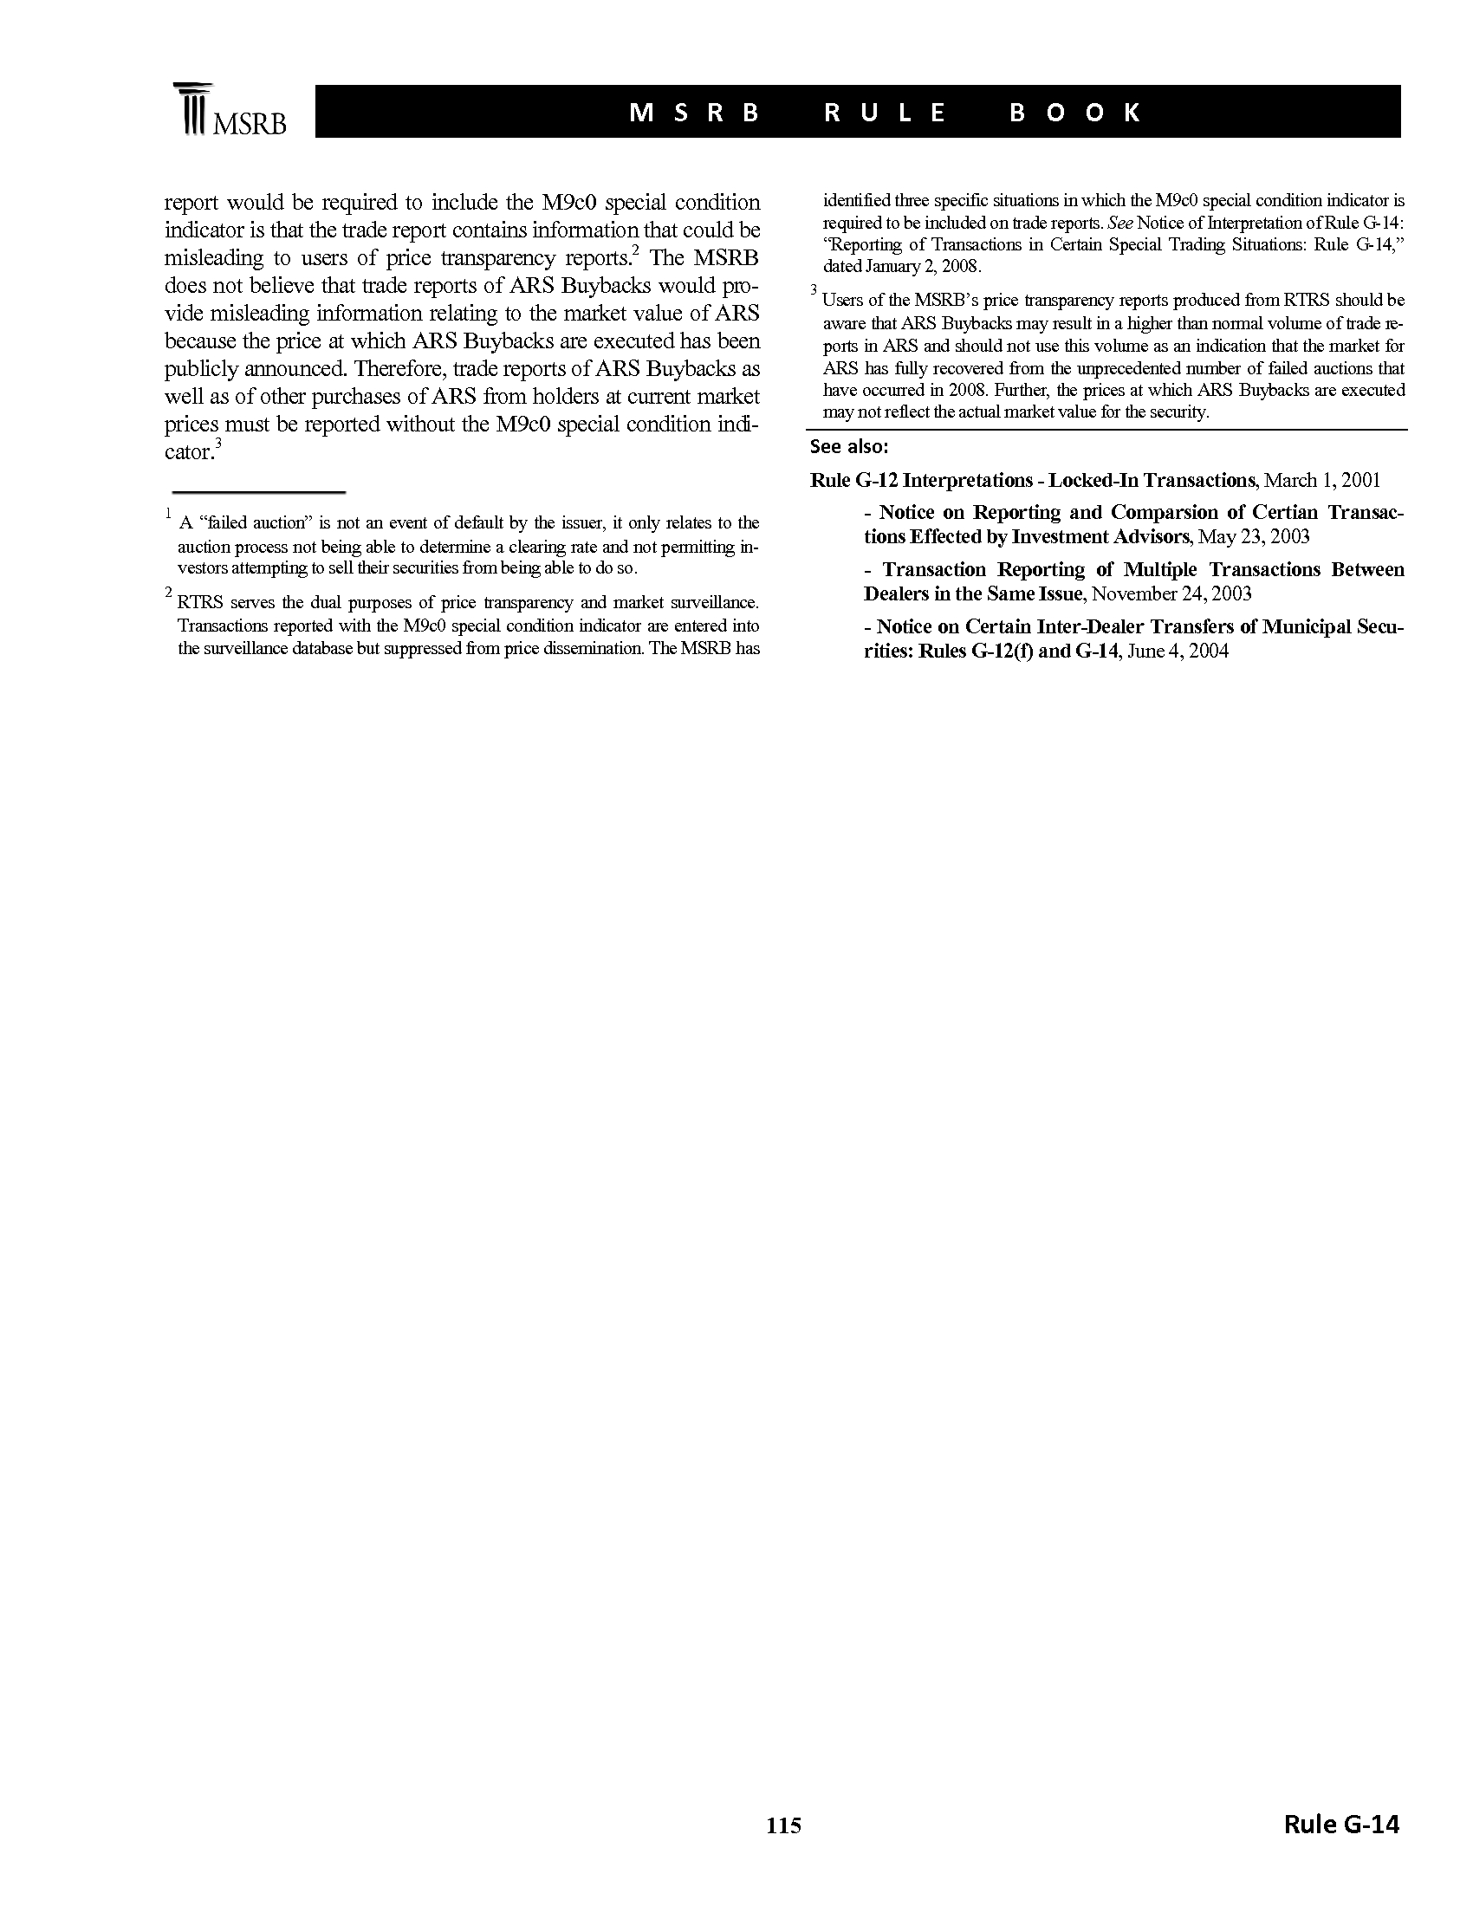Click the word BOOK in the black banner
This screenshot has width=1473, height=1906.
[x=1075, y=113]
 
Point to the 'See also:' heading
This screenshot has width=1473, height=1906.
[x=849, y=447]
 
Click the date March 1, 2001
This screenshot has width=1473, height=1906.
[x=1322, y=480]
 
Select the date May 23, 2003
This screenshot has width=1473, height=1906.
[x=1253, y=535]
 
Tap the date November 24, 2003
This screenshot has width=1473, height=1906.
[x=1171, y=594]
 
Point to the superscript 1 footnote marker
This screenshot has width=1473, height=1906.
[x=168, y=515]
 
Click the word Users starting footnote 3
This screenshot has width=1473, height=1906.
[x=842, y=301]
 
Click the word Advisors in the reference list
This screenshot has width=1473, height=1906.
[x=1148, y=535]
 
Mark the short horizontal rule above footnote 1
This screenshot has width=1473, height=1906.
[x=259, y=493]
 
